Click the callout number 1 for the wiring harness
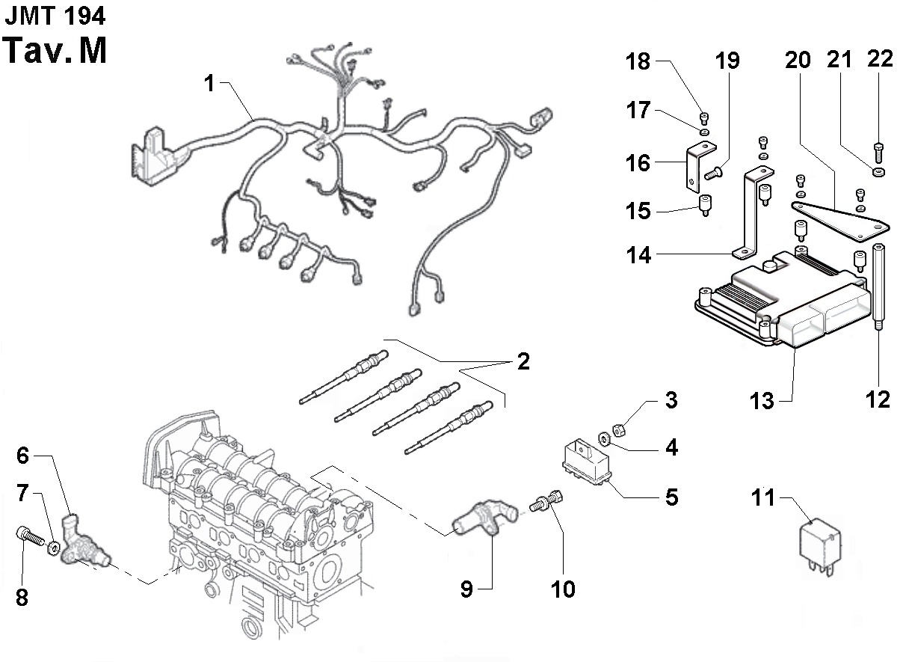[209, 83]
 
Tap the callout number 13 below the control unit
[762, 401]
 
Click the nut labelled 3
[619, 429]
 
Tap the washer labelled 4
[604, 438]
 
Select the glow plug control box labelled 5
[587, 463]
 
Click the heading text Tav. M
[55, 50]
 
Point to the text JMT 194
[55, 16]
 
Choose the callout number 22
[880, 59]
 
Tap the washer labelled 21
[878, 172]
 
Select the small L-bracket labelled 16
[700, 166]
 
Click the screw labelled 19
[713, 173]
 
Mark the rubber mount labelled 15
[705, 205]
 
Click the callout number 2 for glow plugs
[523, 361]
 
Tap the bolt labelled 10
[546, 500]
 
